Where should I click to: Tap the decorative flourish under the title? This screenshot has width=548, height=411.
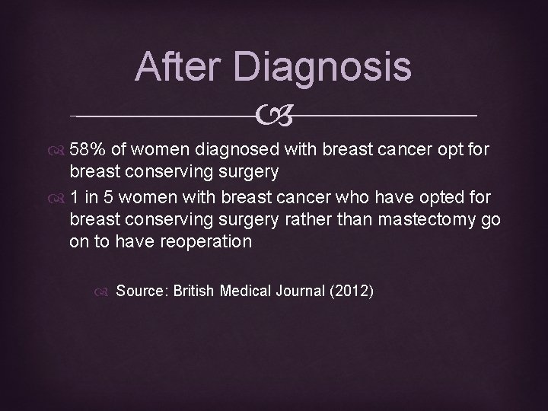click(274, 116)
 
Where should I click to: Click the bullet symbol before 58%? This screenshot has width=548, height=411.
click(59, 148)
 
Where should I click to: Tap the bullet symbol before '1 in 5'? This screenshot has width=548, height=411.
click(59, 199)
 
